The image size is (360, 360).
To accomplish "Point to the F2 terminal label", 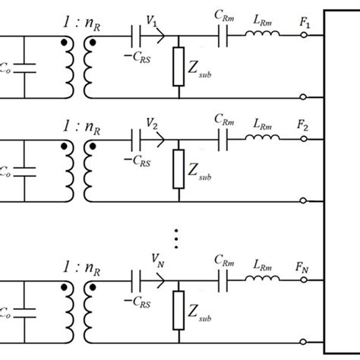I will pos(305,125).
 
